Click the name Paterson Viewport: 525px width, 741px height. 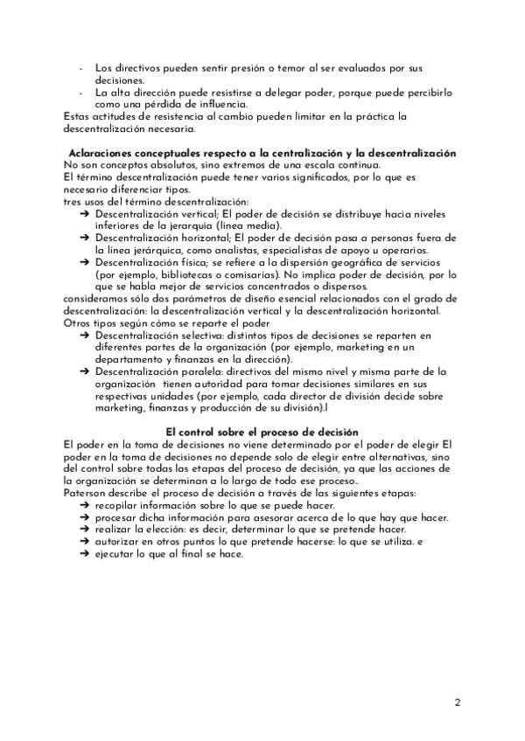pos(86,493)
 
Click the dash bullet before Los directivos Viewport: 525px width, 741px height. pos(80,68)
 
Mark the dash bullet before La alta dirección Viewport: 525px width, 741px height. pos(80,93)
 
